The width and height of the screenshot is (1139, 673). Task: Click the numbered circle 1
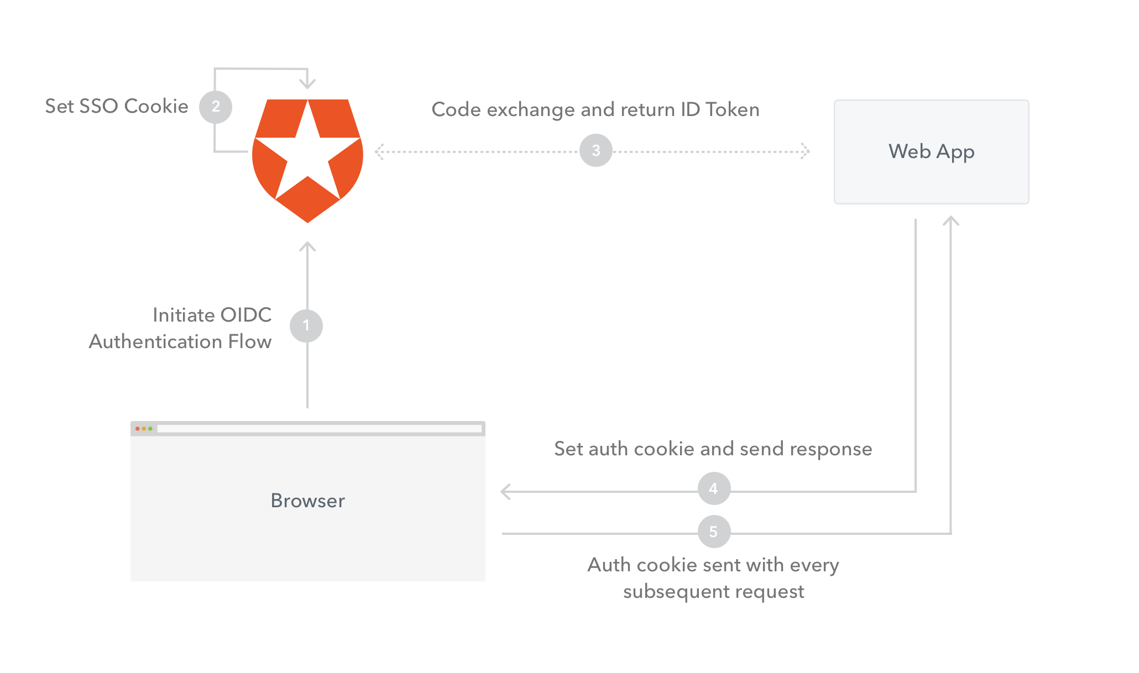[x=306, y=326]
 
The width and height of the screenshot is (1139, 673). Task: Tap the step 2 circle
[x=216, y=107]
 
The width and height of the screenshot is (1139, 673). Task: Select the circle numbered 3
[x=596, y=150]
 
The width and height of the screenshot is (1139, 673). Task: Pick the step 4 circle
[x=714, y=488]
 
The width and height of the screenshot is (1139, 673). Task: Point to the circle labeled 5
[x=714, y=532]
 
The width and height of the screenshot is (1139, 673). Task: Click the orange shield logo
[x=307, y=161]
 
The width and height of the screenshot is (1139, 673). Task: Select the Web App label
[x=932, y=151]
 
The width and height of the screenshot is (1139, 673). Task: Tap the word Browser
[x=308, y=501]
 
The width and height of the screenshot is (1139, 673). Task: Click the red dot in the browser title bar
[x=138, y=429]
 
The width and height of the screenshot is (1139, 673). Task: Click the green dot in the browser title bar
[x=150, y=429]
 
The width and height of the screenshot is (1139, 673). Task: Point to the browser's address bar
[x=320, y=429]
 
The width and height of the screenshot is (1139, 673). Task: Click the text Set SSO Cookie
[x=117, y=106]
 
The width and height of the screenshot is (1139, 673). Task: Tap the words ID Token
[x=720, y=109]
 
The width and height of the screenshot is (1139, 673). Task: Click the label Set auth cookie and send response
[x=713, y=449]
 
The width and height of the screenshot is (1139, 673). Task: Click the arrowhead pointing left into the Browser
[x=505, y=491]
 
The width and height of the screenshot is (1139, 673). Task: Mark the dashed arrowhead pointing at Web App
[x=806, y=151]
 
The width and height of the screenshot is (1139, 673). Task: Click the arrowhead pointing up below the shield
[x=307, y=246]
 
